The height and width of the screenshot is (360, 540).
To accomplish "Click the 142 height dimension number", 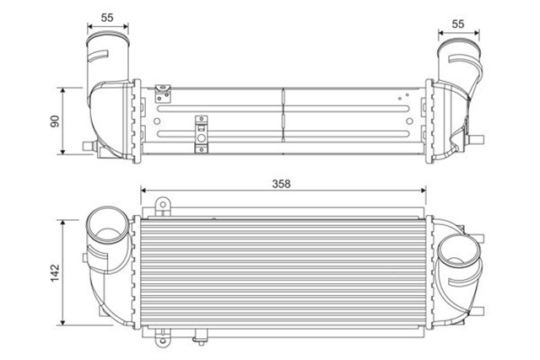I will [x=53, y=272].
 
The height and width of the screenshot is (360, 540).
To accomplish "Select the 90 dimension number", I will [x=53, y=121].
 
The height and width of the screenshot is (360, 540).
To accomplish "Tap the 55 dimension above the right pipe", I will [x=458, y=24].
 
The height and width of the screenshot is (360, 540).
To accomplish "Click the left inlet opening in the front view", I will [x=106, y=228].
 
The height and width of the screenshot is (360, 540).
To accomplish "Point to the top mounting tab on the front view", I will [x=163, y=205].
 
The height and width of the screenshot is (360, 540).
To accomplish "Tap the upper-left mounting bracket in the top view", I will [x=164, y=88].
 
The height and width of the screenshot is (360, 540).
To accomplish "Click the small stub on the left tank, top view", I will [x=85, y=147].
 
